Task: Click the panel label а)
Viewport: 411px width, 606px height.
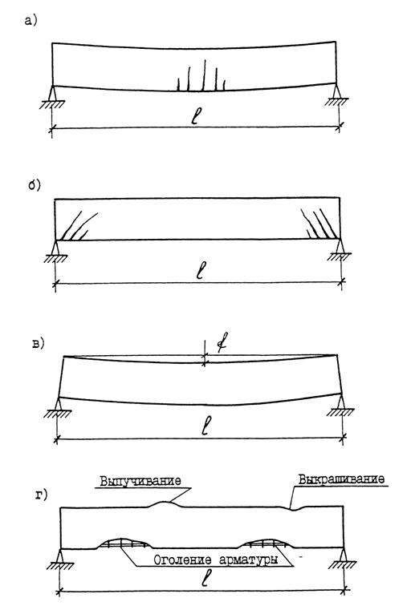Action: click(x=31, y=21)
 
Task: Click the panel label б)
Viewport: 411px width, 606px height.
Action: click(x=35, y=185)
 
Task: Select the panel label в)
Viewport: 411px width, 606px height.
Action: click(x=39, y=344)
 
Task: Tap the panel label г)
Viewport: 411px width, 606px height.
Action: click(x=42, y=495)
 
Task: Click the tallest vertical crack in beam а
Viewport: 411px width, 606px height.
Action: click(x=205, y=75)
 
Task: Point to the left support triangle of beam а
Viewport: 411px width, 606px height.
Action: click(x=53, y=92)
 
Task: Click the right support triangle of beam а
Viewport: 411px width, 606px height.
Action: click(x=336, y=91)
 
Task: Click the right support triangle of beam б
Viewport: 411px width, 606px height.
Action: click(x=340, y=246)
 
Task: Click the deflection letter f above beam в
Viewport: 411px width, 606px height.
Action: click(x=222, y=342)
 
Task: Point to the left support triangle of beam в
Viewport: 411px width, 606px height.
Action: click(x=58, y=403)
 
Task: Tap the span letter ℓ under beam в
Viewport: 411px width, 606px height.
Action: click(x=207, y=426)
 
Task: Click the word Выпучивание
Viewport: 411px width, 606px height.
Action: click(x=140, y=481)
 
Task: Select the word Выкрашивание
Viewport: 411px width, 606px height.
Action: click(x=342, y=479)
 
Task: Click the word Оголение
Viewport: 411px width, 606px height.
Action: click(x=183, y=560)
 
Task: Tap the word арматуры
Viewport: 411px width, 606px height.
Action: click(x=249, y=561)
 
